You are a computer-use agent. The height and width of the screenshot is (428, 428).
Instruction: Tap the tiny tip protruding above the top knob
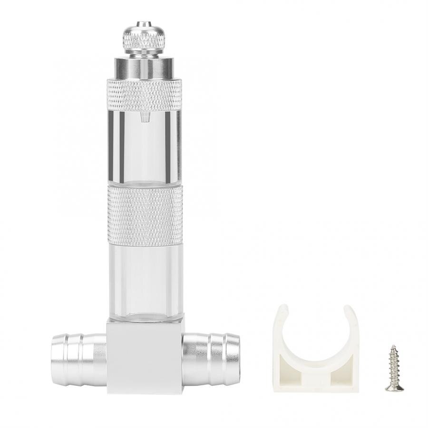(144, 23)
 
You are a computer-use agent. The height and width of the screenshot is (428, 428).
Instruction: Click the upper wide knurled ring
(144, 94)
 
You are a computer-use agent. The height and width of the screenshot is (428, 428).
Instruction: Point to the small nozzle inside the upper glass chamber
(144, 118)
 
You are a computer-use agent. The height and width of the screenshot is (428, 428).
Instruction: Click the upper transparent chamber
(144, 147)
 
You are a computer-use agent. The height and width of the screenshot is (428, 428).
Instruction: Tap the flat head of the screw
(394, 387)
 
